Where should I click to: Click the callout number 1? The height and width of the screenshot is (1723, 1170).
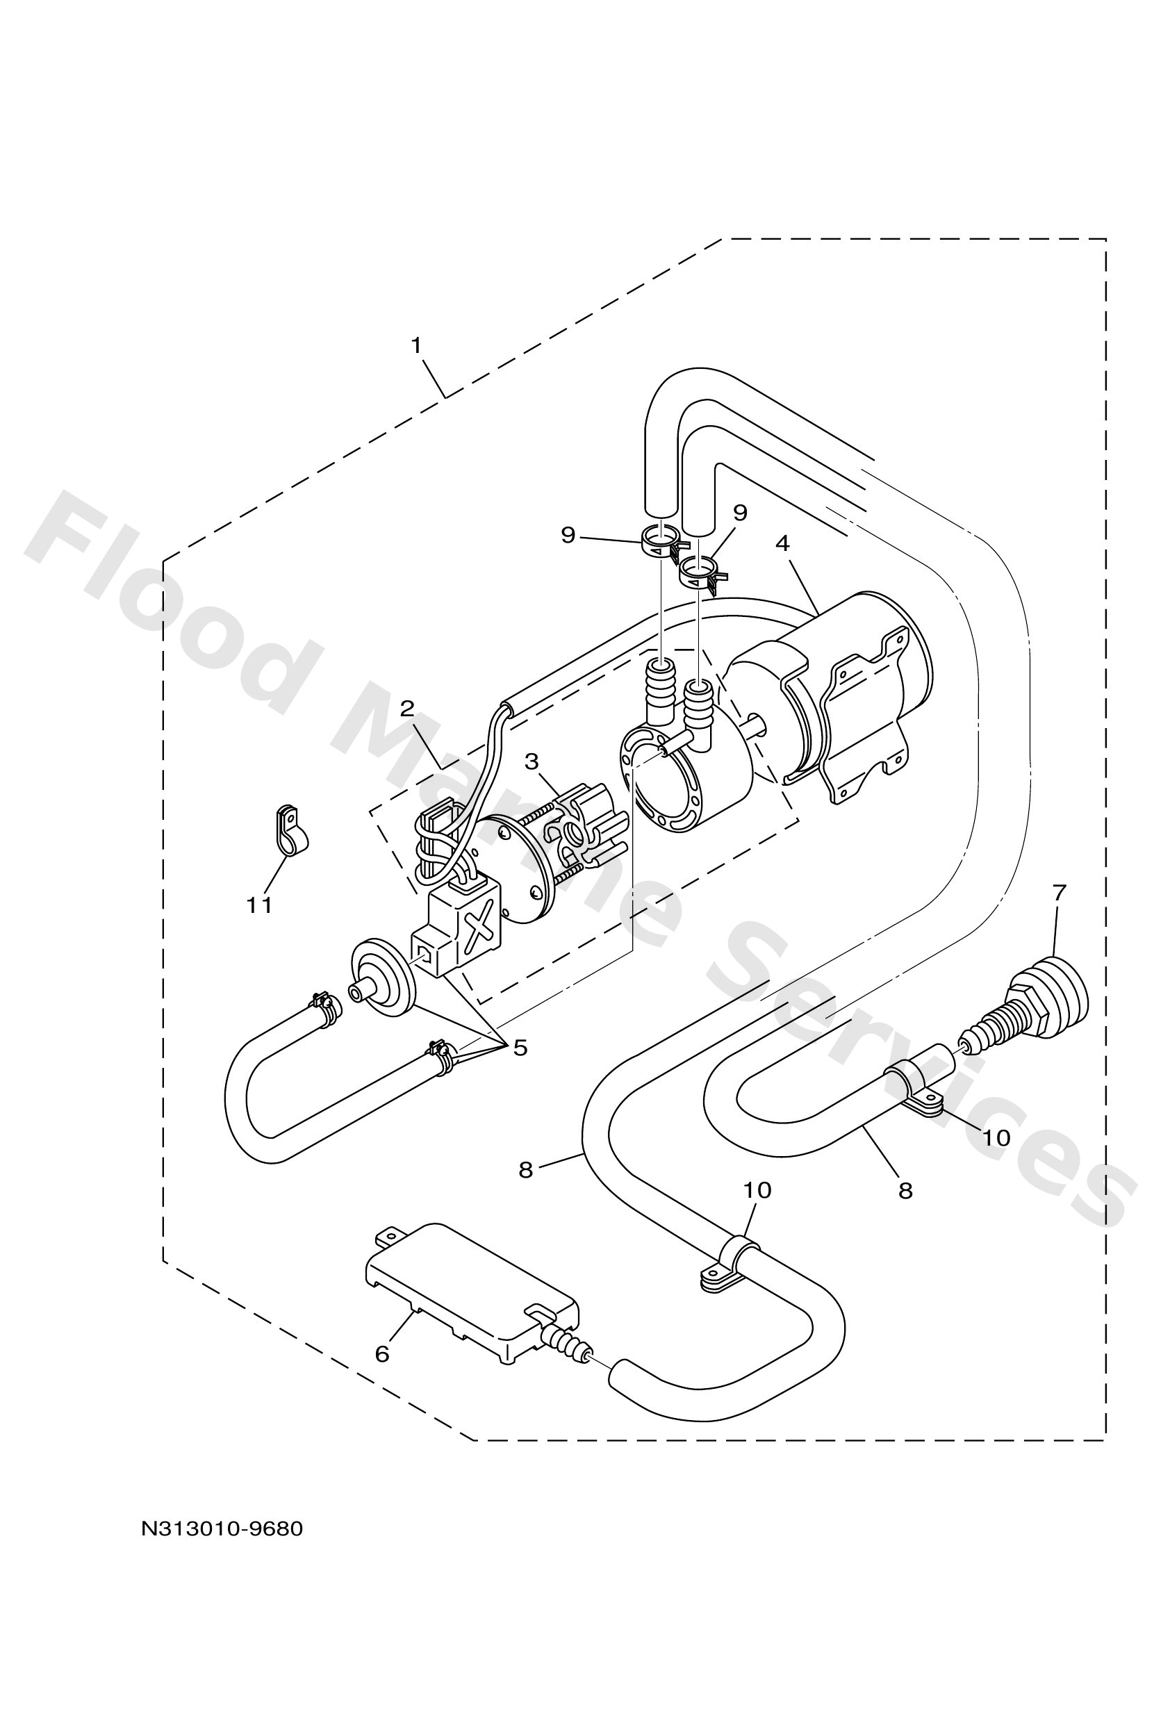pos(416,345)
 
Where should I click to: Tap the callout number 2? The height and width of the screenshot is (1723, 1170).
pos(407,709)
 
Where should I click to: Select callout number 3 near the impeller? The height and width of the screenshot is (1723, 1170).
pos(531,761)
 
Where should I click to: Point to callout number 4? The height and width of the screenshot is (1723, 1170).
pos(782,543)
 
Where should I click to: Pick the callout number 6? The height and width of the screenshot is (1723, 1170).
pos(382,1354)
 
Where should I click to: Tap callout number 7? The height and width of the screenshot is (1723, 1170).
pos(1059,893)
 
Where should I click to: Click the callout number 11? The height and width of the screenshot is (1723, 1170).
pos(260,905)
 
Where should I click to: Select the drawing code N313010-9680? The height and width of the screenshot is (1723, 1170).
pos(222,1528)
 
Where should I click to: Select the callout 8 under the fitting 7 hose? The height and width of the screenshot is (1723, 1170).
pos(905,1192)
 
